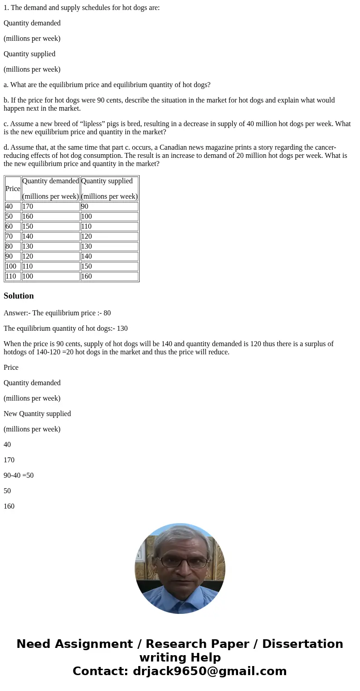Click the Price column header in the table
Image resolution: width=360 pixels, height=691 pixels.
(13, 189)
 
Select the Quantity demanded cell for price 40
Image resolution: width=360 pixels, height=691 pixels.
(50, 206)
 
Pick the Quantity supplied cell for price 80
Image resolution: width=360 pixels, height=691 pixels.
(109, 246)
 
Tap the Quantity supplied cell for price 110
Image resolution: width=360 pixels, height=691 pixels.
(109, 276)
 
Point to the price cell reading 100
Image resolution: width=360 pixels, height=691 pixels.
(13, 266)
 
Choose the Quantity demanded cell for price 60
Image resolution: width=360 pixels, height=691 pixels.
(50, 226)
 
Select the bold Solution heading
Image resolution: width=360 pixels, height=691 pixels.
(19, 296)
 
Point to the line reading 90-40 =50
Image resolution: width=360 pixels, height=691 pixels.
(19, 475)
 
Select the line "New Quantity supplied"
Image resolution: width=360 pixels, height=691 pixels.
(37, 414)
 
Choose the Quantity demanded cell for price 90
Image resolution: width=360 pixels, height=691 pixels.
(50, 256)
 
